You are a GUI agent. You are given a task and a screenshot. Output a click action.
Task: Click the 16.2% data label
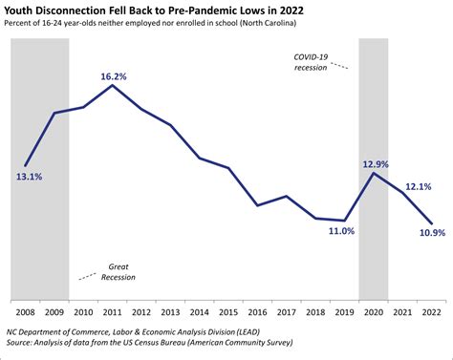[x=113, y=73]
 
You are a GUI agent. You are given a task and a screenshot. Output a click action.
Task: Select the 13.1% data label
[x=29, y=177]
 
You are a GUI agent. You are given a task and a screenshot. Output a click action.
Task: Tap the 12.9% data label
[x=375, y=163]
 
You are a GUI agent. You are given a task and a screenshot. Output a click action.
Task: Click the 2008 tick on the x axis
[x=25, y=311]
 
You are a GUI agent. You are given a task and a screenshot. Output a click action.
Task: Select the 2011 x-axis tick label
[x=113, y=311]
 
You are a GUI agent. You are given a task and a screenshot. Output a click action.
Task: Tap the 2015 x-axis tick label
[x=229, y=311]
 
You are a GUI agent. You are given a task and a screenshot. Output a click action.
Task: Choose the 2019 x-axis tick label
[x=345, y=311]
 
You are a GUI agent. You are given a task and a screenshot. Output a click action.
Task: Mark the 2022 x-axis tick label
[x=432, y=311]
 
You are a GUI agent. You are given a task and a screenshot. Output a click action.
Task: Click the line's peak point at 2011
[x=113, y=85]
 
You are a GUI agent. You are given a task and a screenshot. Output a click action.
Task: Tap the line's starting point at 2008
[x=25, y=166]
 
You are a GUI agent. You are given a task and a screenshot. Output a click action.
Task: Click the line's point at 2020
[x=374, y=173]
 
